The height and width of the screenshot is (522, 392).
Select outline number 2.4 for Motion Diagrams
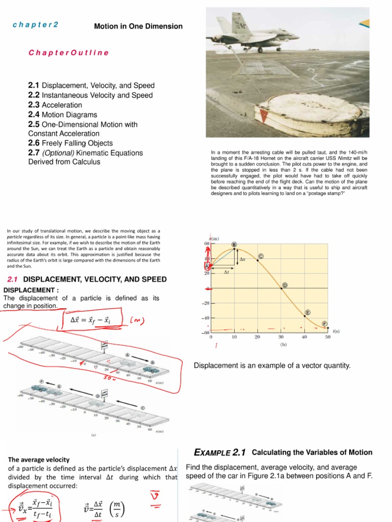[35, 115]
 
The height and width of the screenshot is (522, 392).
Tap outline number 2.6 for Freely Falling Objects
[35, 143]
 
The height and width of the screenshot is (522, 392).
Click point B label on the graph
[234, 244]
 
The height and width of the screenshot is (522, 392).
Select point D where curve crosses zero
[284, 285]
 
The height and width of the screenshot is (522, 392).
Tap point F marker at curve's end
[324, 323]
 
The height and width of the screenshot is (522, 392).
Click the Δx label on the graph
[242, 259]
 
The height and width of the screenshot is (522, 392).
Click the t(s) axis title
[336, 331]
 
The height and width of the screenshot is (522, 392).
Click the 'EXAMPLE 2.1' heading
[220, 452]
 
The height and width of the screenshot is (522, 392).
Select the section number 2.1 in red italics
[13, 279]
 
